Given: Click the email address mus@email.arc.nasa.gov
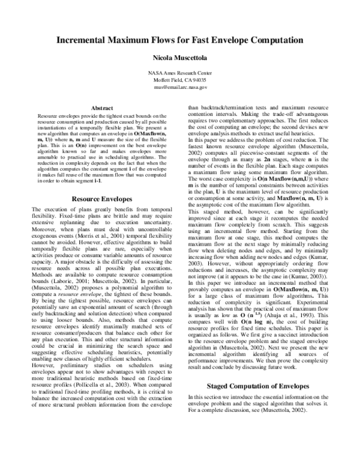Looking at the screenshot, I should (x=180, y=86).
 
